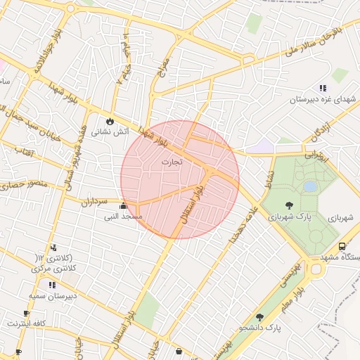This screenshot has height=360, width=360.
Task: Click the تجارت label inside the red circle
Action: [172, 162]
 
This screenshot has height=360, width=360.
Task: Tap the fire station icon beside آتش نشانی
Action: [110, 120]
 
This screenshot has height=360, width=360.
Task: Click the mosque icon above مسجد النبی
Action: [124, 207]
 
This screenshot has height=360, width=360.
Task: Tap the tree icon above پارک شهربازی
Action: [290, 205]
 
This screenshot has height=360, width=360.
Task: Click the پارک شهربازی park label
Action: [290, 217]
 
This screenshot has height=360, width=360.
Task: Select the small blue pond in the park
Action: [310, 186]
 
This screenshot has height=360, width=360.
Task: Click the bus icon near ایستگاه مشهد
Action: [342, 247]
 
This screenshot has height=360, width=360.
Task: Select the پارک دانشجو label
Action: [259, 328]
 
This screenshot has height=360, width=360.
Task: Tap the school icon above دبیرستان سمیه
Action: [51, 285]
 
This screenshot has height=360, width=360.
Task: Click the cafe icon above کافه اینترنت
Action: [27, 314]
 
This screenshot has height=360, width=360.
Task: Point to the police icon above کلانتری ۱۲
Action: [53, 247]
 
